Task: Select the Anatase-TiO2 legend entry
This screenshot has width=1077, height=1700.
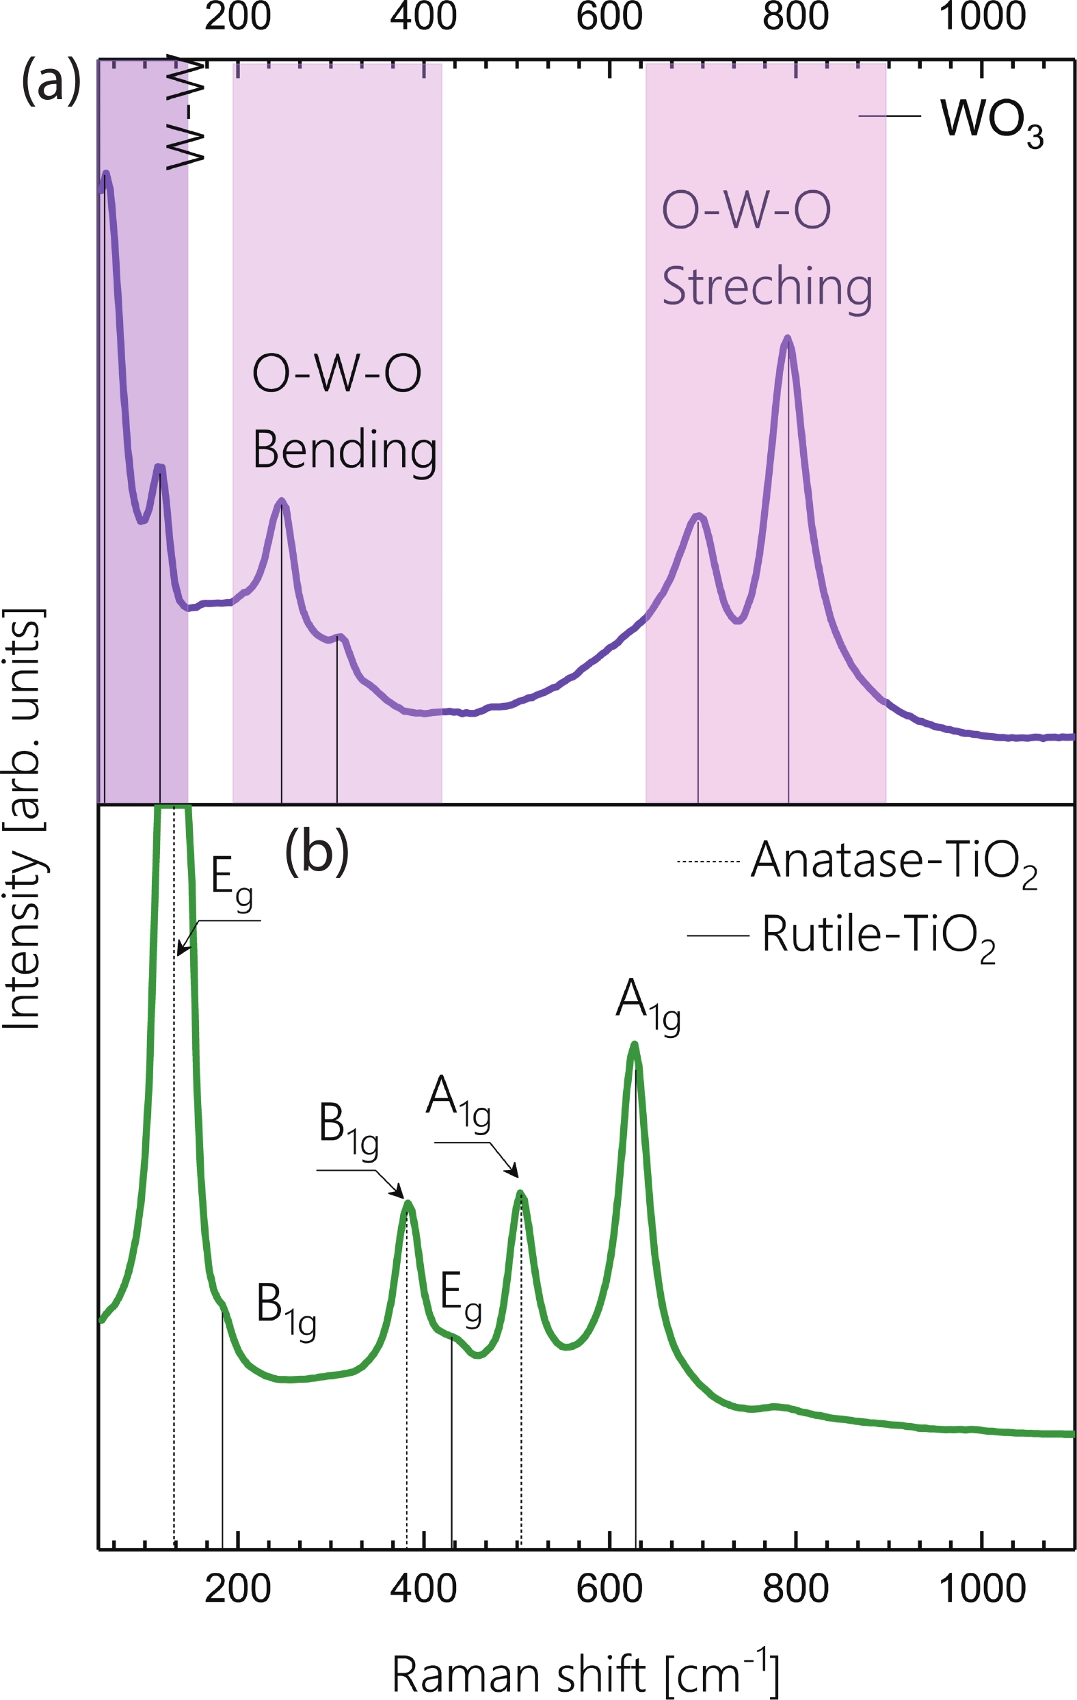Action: coord(893,862)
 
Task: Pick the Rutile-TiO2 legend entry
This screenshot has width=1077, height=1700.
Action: coord(877,936)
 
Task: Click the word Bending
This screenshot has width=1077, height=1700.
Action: coord(345,451)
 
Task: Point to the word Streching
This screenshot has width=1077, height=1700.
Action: coord(767,287)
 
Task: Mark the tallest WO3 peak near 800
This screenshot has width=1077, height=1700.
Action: coord(788,340)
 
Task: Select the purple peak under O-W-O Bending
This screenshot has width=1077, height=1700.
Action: coord(282,502)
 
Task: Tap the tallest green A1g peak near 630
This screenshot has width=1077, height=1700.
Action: coord(635,1046)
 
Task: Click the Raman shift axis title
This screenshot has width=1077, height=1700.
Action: coord(585,1675)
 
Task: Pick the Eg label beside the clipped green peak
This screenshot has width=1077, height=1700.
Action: coord(232,882)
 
